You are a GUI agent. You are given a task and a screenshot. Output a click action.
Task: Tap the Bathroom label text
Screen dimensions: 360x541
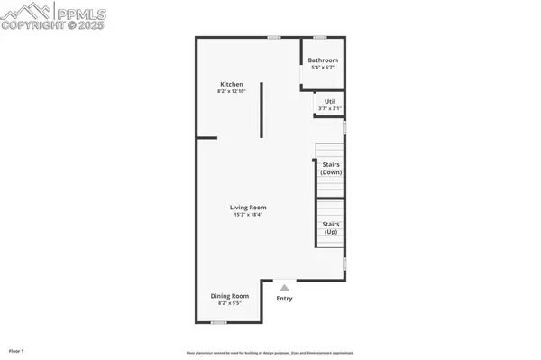[323, 60]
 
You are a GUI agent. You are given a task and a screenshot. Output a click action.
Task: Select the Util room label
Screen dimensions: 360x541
[326, 102]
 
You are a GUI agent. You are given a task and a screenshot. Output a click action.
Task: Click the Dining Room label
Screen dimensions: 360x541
[230, 296]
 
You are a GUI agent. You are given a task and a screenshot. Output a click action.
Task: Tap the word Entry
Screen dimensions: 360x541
[284, 299]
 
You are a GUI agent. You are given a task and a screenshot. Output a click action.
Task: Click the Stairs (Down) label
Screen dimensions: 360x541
[332, 168]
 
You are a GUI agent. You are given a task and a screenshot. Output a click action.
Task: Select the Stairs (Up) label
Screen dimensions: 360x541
[332, 227]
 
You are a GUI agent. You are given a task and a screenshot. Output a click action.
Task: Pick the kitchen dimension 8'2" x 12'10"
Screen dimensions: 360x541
[231, 92]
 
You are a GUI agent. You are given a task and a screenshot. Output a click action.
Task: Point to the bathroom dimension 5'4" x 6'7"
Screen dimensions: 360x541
[323, 69]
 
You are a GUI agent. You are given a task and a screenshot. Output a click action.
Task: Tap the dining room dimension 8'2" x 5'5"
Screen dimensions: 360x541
[230, 304]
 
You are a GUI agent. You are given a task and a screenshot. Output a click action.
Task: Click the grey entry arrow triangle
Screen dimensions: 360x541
[283, 286]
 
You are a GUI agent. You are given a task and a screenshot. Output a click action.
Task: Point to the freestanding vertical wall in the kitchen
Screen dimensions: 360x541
[261, 110]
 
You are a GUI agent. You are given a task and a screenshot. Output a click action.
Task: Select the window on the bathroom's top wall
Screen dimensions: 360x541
[319, 37]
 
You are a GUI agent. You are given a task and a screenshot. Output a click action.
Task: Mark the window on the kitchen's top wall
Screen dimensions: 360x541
[273, 37]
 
